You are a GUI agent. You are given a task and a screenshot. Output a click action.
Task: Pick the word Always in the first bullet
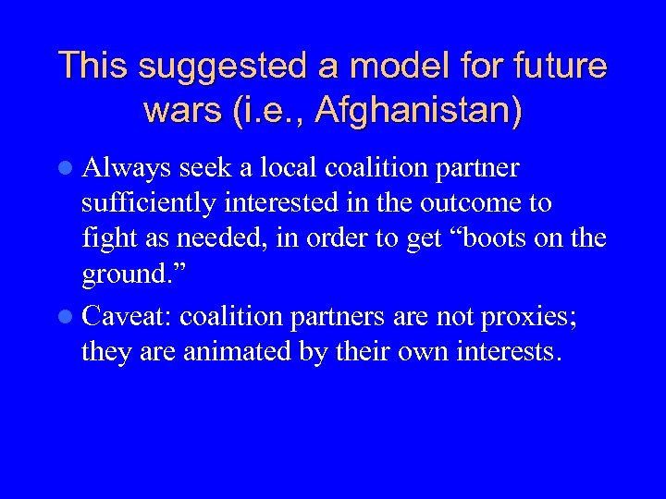127,168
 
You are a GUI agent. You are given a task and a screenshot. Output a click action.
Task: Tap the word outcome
499,202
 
